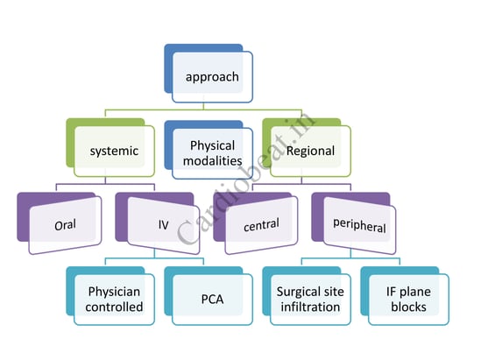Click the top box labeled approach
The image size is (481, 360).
tap(209, 74)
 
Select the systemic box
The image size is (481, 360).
tap(110, 147)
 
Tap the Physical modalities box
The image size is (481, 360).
tap(209, 150)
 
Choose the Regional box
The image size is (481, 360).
tap(307, 147)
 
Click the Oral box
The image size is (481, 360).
tap(60, 223)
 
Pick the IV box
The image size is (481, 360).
tap(158, 223)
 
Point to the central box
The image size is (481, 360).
tap(256, 223)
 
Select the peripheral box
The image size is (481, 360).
tap(354, 223)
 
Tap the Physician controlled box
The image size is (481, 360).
tap(110, 296)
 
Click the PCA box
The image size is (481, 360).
tap(209, 296)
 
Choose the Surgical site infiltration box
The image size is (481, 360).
tap(307, 296)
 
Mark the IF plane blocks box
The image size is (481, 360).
tap(405, 296)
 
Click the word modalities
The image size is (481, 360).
tap(213, 160)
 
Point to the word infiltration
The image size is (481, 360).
tap(310, 307)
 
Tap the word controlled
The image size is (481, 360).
tap(114, 307)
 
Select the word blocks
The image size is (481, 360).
tap(408, 307)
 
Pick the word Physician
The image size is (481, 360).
tap(114, 292)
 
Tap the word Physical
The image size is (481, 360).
tap(213, 146)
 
